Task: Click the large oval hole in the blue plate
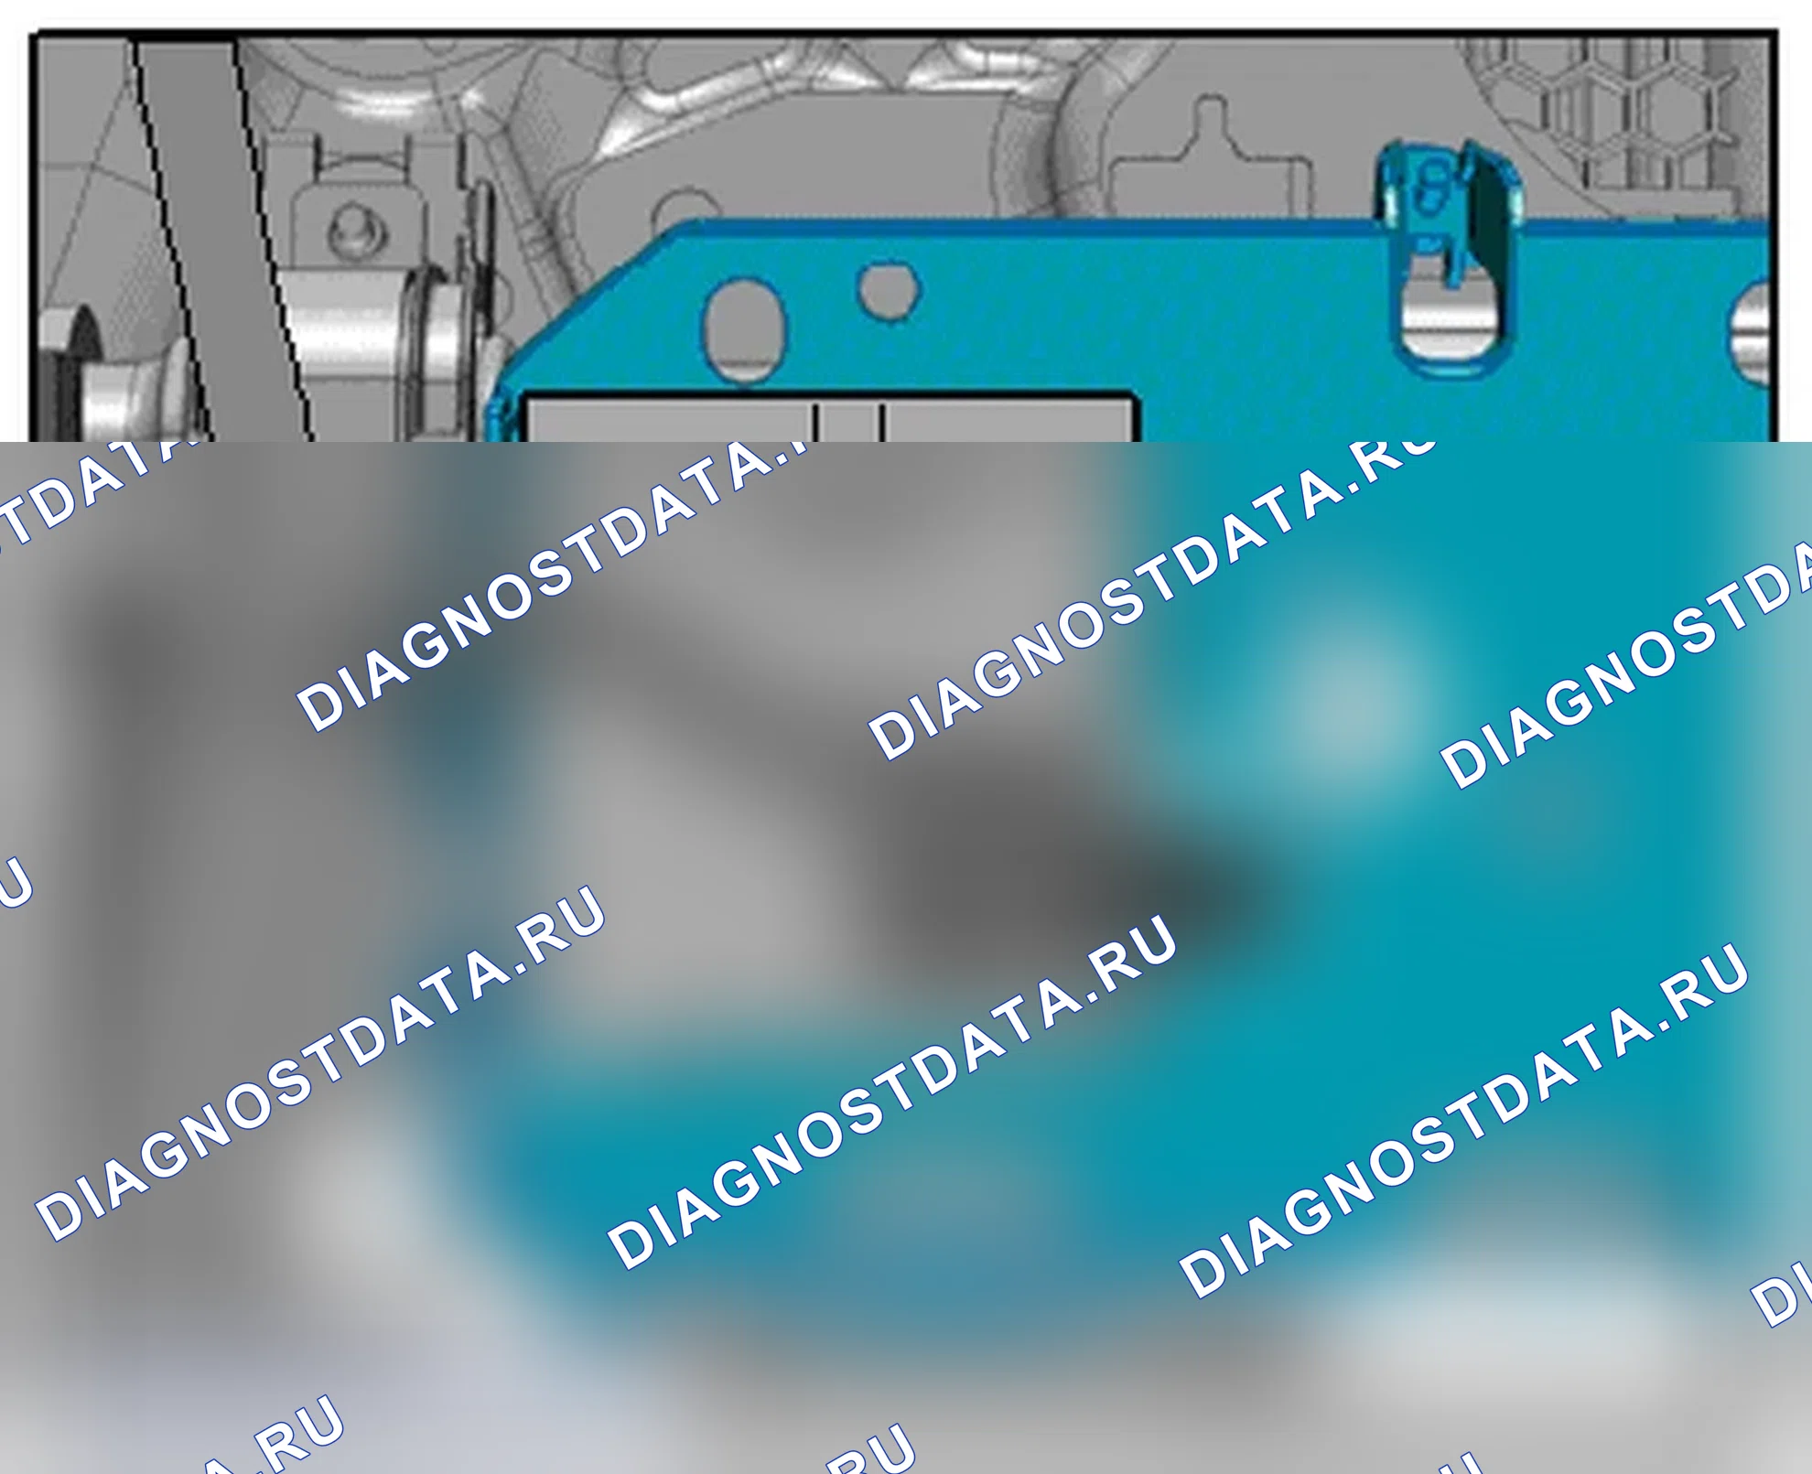pos(743,330)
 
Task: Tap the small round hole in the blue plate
pos(888,290)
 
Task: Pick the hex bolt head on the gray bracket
pos(351,229)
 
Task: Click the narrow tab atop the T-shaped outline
pos(1211,116)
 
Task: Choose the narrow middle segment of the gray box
pos(849,421)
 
